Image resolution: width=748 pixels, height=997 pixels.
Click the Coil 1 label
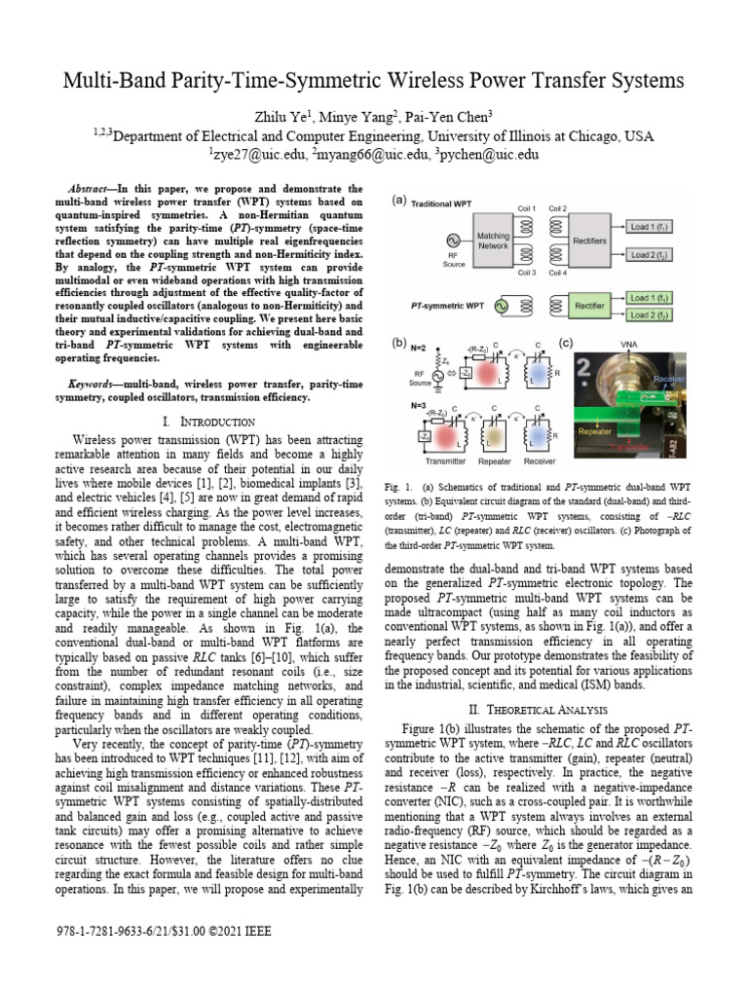click(527, 207)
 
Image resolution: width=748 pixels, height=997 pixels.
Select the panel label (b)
click(399, 343)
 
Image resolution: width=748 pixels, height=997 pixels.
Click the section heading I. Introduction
click(209, 422)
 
